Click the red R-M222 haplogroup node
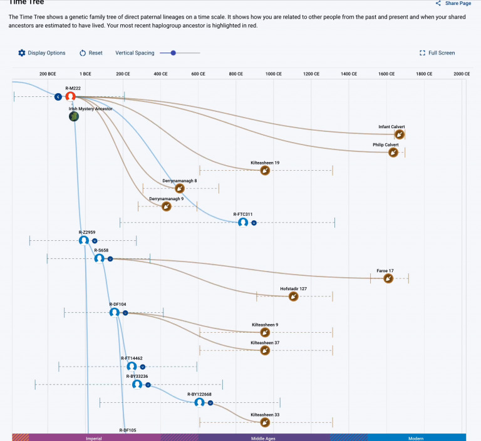[71, 96]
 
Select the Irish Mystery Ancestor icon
[74, 116]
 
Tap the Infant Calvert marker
[400, 134]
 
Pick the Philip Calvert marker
[393, 152]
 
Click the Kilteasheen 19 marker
[265, 170]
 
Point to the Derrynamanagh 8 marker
[180, 188]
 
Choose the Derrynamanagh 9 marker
[166, 206]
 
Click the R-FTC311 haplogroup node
[243, 222]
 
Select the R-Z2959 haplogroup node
[84, 240]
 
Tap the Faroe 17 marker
[388, 278]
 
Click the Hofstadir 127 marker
[294, 297]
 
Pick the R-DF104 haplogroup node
[115, 312]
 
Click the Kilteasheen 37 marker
[265, 350]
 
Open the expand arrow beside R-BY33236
[148, 385]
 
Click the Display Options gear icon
[22, 53]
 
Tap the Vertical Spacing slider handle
[173, 53]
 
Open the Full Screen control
[437, 53]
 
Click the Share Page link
[453, 3]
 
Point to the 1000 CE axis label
[274, 74]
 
